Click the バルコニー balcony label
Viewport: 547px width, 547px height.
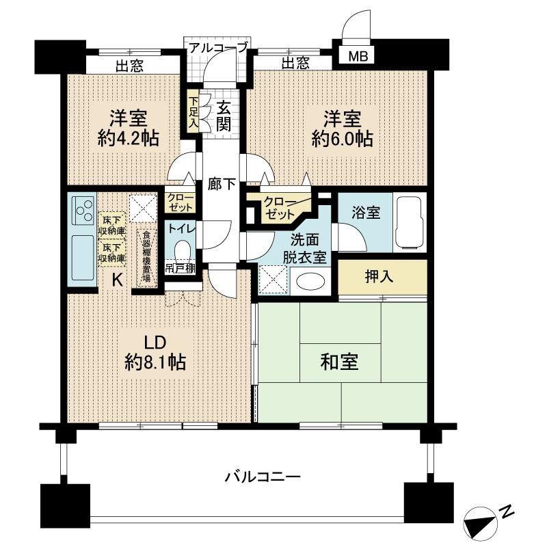[x=263, y=476]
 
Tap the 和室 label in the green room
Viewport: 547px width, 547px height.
[x=340, y=362]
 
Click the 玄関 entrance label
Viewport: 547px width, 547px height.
[x=224, y=116]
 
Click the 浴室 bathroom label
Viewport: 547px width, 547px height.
[x=362, y=211]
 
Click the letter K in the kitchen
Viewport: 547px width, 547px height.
[x=116, y=280]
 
